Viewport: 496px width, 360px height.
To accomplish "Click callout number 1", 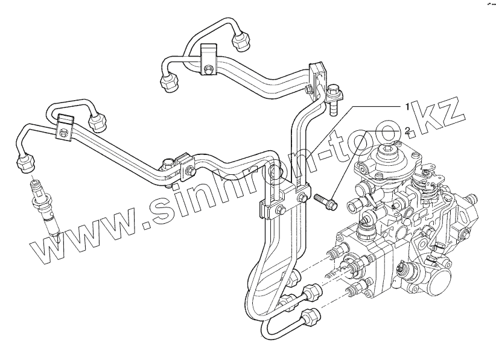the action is click(407, 107).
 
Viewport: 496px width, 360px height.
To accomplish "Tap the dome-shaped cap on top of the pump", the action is click(389, 157).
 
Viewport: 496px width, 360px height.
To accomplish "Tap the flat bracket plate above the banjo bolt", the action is click(318, 75).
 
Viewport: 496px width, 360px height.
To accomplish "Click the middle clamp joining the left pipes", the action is click(182, 166).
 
